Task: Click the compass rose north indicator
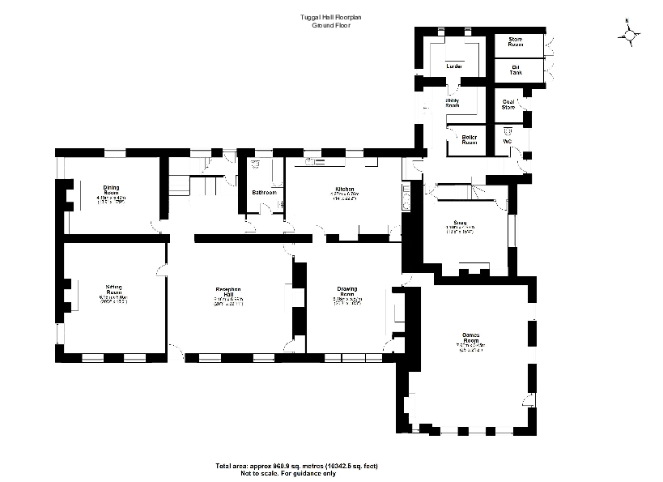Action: point(631,34)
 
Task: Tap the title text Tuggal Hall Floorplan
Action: point(331,19)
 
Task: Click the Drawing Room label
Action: point(346,292)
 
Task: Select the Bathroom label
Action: point(264,193)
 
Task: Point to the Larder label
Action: point(453,66)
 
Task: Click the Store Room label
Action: point(516,42)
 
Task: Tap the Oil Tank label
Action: point(516,70)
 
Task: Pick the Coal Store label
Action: point(508,104)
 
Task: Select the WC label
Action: point(507,141)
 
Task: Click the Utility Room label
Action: point(452,103)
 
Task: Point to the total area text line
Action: point(296,466)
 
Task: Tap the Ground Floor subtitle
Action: point(331,27)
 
